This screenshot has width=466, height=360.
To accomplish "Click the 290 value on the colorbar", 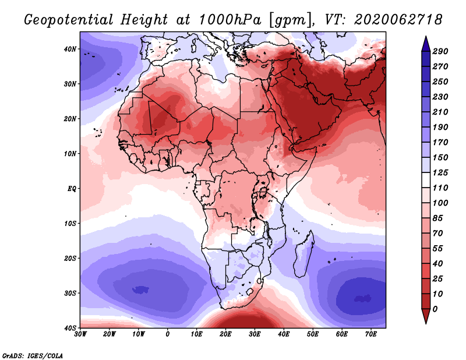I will click(x=440, y=51).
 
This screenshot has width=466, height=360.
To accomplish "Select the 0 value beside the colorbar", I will click(x=436, y=308).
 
